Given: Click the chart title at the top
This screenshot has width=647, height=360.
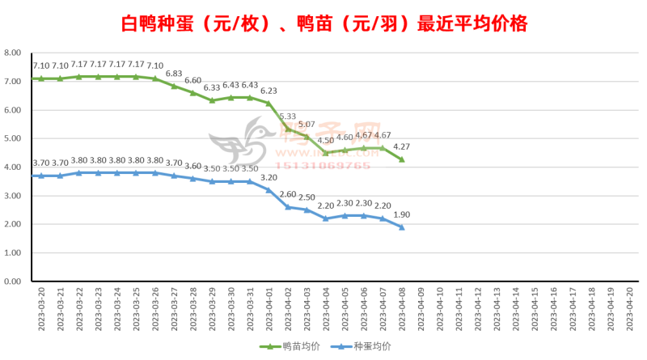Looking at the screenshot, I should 323,23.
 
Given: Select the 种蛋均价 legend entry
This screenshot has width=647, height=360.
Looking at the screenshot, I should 364,346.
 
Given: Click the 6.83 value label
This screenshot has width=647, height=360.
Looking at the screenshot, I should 174,73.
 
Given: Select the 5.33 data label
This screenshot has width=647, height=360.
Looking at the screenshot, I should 287,116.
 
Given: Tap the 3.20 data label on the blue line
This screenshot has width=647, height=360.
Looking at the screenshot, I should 269,177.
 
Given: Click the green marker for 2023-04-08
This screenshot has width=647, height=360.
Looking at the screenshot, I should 402,159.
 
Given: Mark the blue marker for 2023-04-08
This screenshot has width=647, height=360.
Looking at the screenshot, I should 402,227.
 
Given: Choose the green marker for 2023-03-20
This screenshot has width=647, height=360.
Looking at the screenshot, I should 40,78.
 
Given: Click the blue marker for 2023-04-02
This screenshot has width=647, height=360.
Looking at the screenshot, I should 288,207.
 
